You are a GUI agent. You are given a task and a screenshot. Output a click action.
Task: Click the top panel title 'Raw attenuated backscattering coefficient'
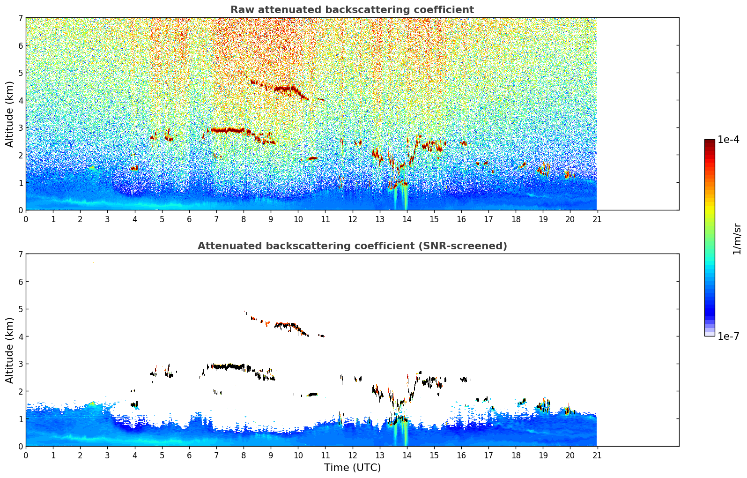(352, 10)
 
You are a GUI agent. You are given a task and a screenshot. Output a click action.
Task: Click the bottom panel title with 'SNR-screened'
(352, 246)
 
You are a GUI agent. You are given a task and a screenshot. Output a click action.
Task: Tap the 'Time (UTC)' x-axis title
(352, 468)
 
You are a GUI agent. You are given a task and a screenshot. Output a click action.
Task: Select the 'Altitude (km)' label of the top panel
(10, 114)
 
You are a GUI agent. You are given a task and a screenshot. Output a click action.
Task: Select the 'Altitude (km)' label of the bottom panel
(10, 350)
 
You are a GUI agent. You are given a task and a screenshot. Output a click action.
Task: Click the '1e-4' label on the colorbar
(728, 140)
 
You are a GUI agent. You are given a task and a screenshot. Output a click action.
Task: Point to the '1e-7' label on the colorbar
(728, 336)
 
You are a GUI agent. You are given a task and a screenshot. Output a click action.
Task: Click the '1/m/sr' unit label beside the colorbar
(737, 239)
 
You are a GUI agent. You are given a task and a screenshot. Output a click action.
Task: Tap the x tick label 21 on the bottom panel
(597, 455)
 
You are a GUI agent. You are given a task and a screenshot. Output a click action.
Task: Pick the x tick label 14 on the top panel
(407, 219)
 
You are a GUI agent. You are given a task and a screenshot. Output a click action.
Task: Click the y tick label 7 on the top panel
(21, 18)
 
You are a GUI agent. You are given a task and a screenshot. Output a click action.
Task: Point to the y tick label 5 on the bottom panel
(21, 309)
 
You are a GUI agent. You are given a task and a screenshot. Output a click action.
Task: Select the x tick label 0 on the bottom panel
(26, 455)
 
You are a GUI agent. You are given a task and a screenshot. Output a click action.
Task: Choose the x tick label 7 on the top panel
(216, 219)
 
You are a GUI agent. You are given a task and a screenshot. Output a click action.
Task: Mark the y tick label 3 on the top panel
(21, 128)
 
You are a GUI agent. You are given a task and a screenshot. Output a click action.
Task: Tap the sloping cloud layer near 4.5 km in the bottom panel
(286, 324)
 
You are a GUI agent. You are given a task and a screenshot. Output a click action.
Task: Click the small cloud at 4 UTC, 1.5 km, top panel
(134, 168)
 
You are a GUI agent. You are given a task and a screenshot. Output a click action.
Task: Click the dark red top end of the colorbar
(710, 142)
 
